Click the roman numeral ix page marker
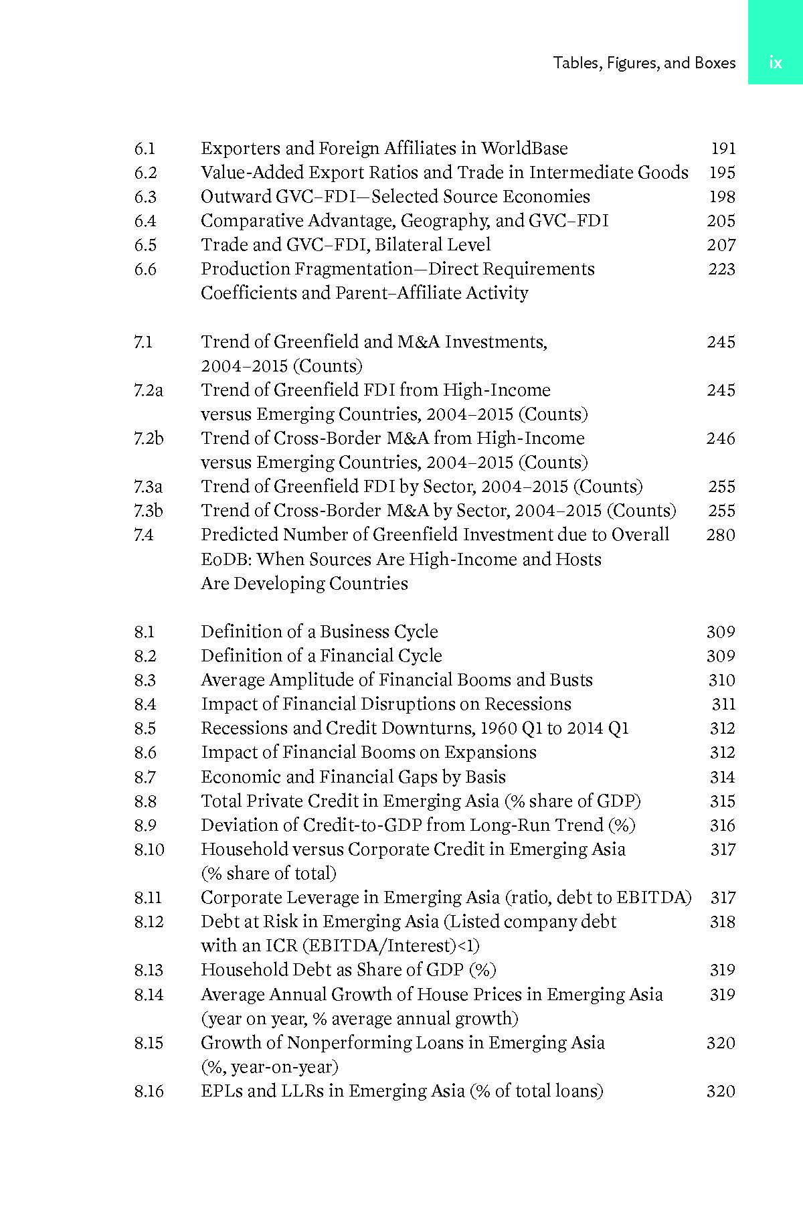[x=775, y=63]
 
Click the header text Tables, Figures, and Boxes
[x=644, y=63]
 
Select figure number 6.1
[x=145, y=149]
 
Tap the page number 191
[x=723, y=149]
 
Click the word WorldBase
[x=524, y=149]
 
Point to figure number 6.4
[x=145, y=221]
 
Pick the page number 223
[x=721, y=269]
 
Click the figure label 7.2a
[x=148, y=390]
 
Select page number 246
[x=721, y=438]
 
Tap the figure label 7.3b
[x=148, y=511]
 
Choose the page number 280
[x=721, y=535]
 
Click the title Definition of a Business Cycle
[x=319, y=632]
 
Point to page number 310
[x=721, y=680]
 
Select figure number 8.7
[x=145, y=777]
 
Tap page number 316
[x=722, y=825]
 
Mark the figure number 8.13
[x=149, y=970]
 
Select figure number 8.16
[x=149, y=1091]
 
